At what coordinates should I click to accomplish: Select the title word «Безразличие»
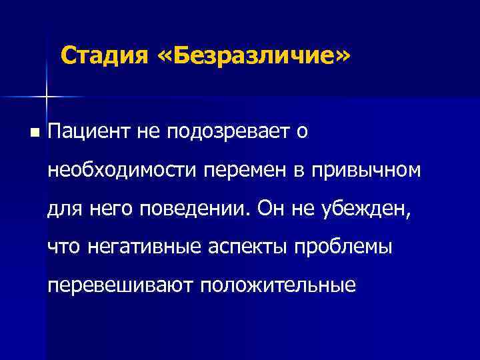coord(254,56)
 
